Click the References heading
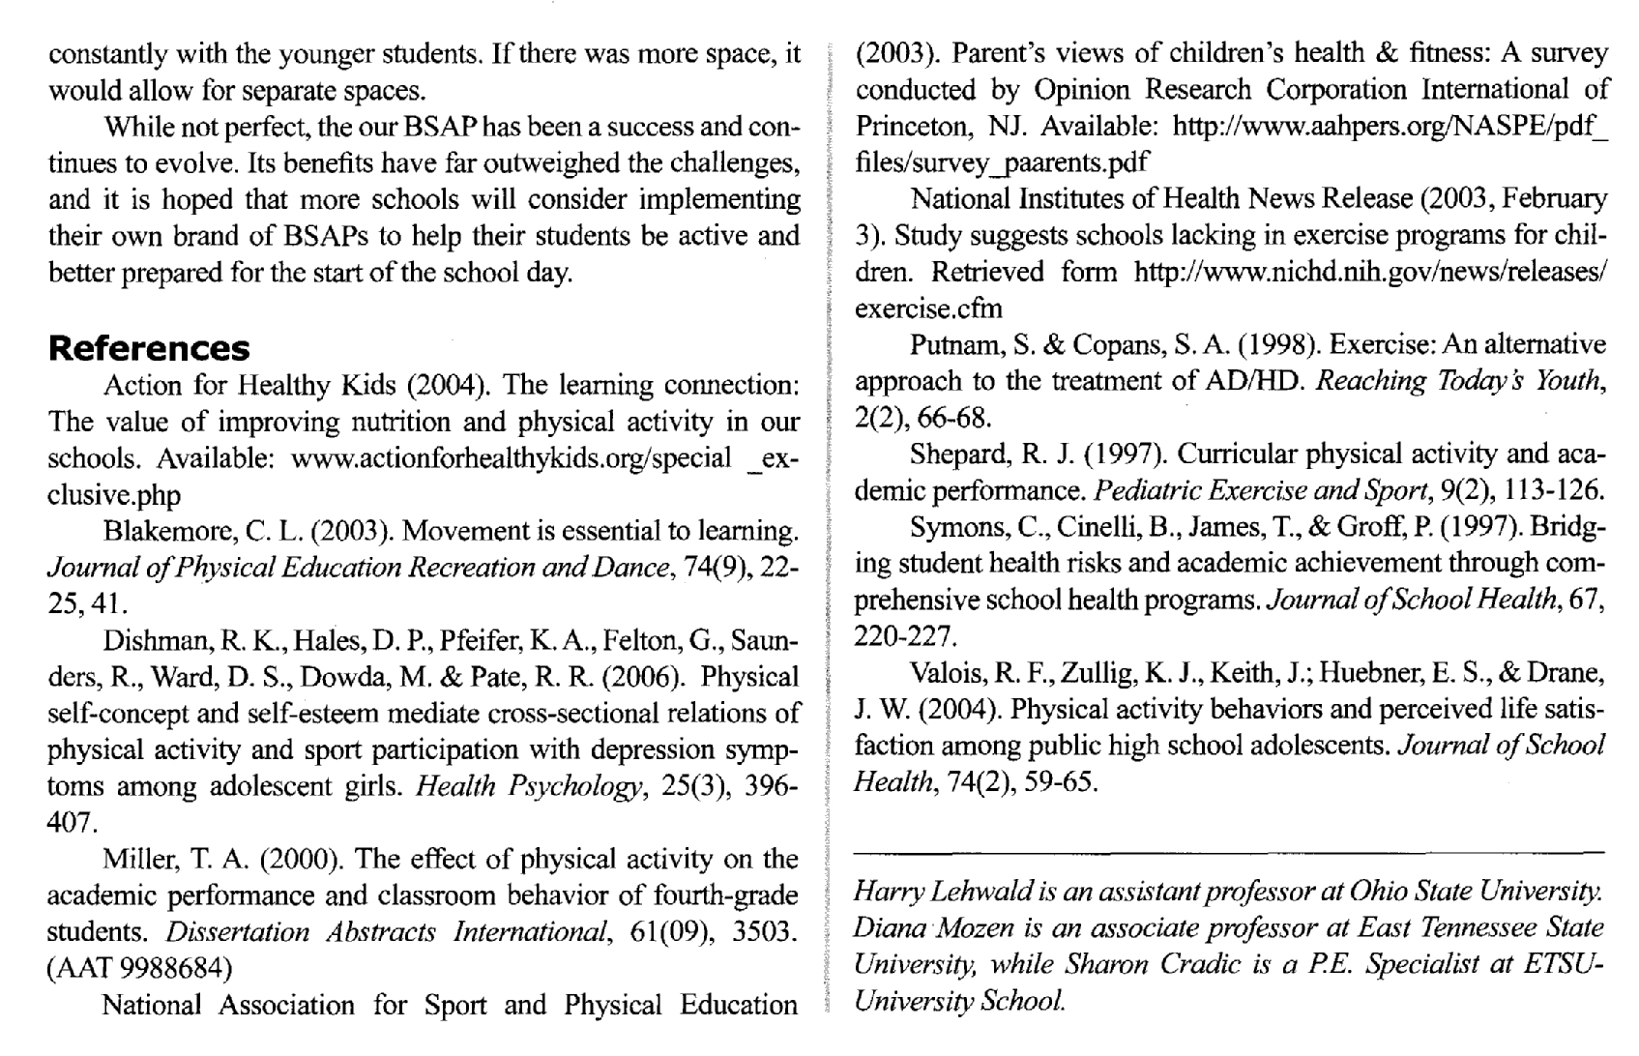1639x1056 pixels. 149,348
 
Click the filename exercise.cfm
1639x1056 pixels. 928,308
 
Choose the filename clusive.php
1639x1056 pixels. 114,495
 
